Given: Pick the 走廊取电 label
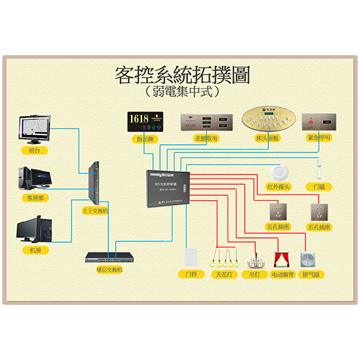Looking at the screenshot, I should pyautogui.click(x=205, y=139).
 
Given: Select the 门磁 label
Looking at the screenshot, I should pyautogui.click(x=319, y=186).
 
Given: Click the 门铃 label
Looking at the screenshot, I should pyautogui.click(x=190, y=274).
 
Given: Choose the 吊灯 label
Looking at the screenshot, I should pyautogui.click(x=253, y=274).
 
